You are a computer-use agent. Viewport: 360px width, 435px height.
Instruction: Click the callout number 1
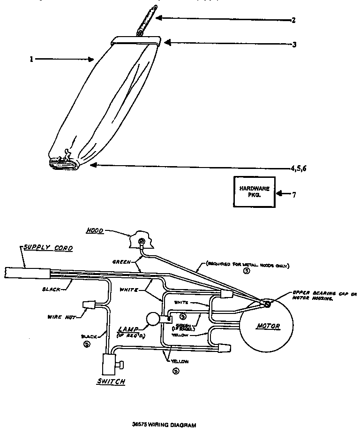pyautogui.click(x=31, y=60)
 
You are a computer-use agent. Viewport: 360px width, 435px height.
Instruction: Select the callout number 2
pyautogui.click(x=293, y=21)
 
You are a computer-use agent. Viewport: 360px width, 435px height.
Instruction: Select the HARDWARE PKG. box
pyautogui.click(x=255, y=191)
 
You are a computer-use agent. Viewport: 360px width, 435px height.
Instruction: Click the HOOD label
pyautogui.click(x=95, y=231)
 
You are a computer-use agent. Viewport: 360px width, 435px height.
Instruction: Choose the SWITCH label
pyautogui.click(x=110, y=382)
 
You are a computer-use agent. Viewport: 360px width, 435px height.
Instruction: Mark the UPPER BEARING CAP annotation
pyautogui.click(x=323, y=294)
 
